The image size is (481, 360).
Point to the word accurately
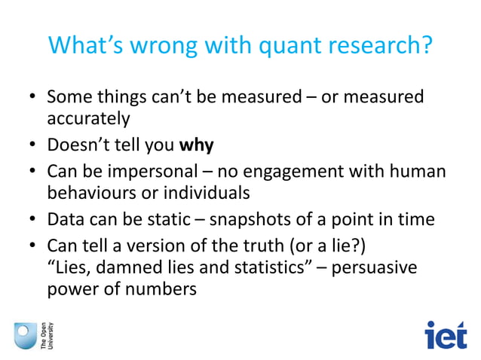tap(88, 119)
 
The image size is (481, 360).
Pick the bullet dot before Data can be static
tap(33, 220)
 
